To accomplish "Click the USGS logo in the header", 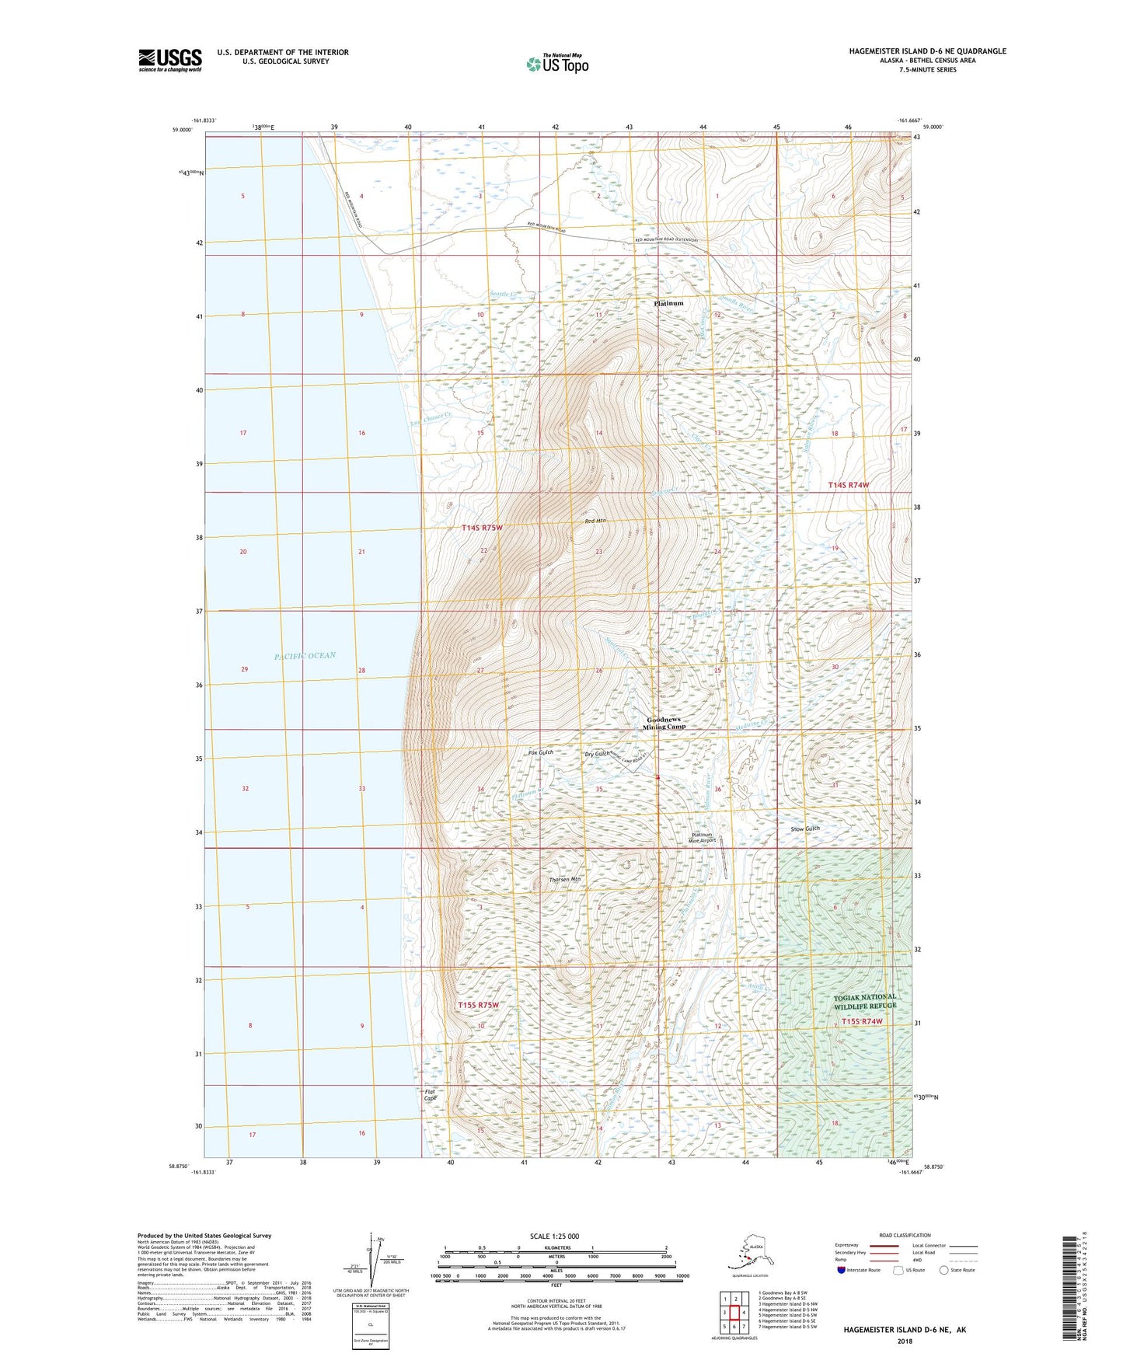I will tap(170, 60).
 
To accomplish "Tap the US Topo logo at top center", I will tap(556, 64).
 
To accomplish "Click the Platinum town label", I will tap(668, 303).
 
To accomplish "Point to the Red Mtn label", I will tap(595, 521).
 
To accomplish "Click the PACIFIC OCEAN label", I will tap(305, 656).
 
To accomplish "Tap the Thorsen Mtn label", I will tap(565, 879).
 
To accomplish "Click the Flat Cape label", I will tap(430, 1095).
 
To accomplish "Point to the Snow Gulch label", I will tap(805, 829).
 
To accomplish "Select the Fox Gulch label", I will tap(540, 752).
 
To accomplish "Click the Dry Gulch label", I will tap(596, 754).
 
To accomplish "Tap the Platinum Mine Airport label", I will tap(703, 838).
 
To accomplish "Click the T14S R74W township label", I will tap(848, 485).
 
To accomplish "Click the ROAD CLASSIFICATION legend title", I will tap(904, 1235).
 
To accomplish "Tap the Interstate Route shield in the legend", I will tap(842, 1270).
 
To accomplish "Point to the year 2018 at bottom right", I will tap(904, 1341).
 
